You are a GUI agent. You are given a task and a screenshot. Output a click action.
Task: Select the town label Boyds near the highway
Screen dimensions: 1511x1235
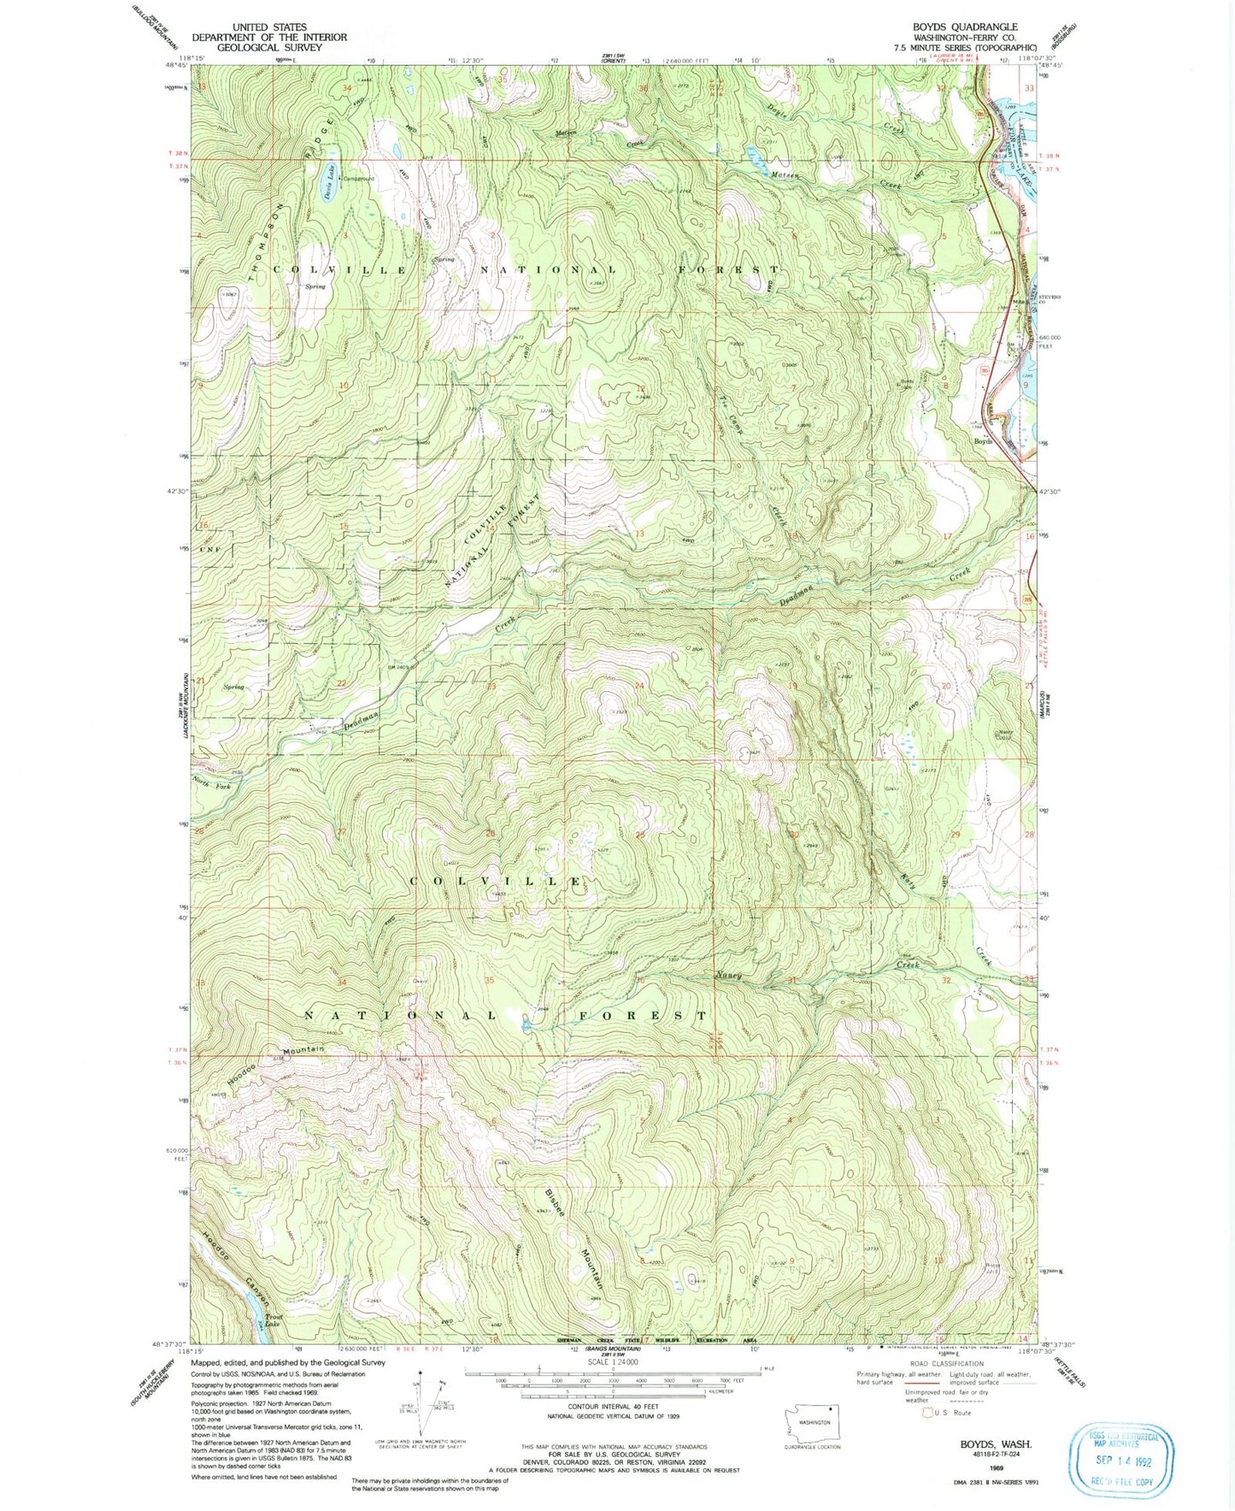click(984, 441)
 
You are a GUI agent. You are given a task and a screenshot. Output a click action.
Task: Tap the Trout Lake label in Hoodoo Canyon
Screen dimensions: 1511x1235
click(274, 1320)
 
